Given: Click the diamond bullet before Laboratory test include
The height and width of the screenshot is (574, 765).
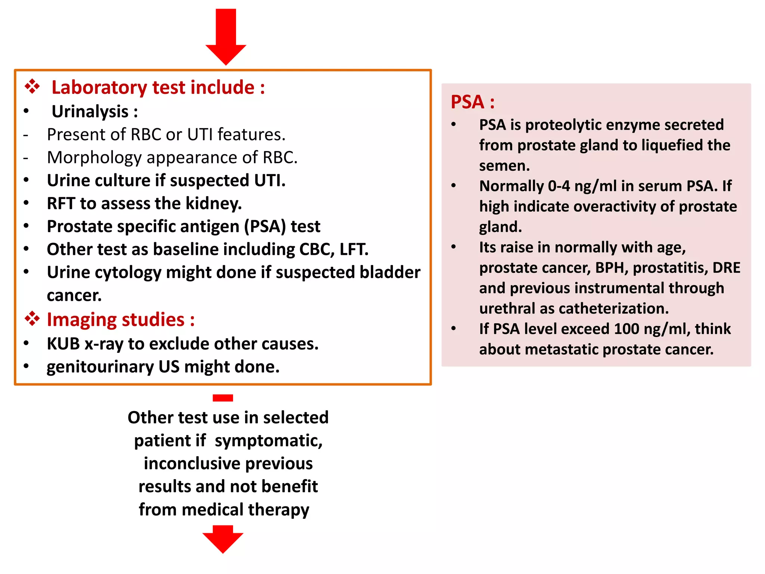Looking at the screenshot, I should pyautogui.click(x=32, y=87).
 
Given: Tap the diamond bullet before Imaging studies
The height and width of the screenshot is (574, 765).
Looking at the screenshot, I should pyautogui.click(x=32, y=319).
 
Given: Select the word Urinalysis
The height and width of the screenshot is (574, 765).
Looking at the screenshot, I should pyautogui.click(x=90, y=111).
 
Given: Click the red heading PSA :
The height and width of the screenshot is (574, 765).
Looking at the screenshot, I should pyautogui.click(x=473, y=102).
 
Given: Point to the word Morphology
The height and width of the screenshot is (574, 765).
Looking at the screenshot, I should pyautogui.click(x=94, y=157).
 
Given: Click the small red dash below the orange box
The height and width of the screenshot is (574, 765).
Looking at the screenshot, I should pyautogui.click(x=223, y=398).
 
